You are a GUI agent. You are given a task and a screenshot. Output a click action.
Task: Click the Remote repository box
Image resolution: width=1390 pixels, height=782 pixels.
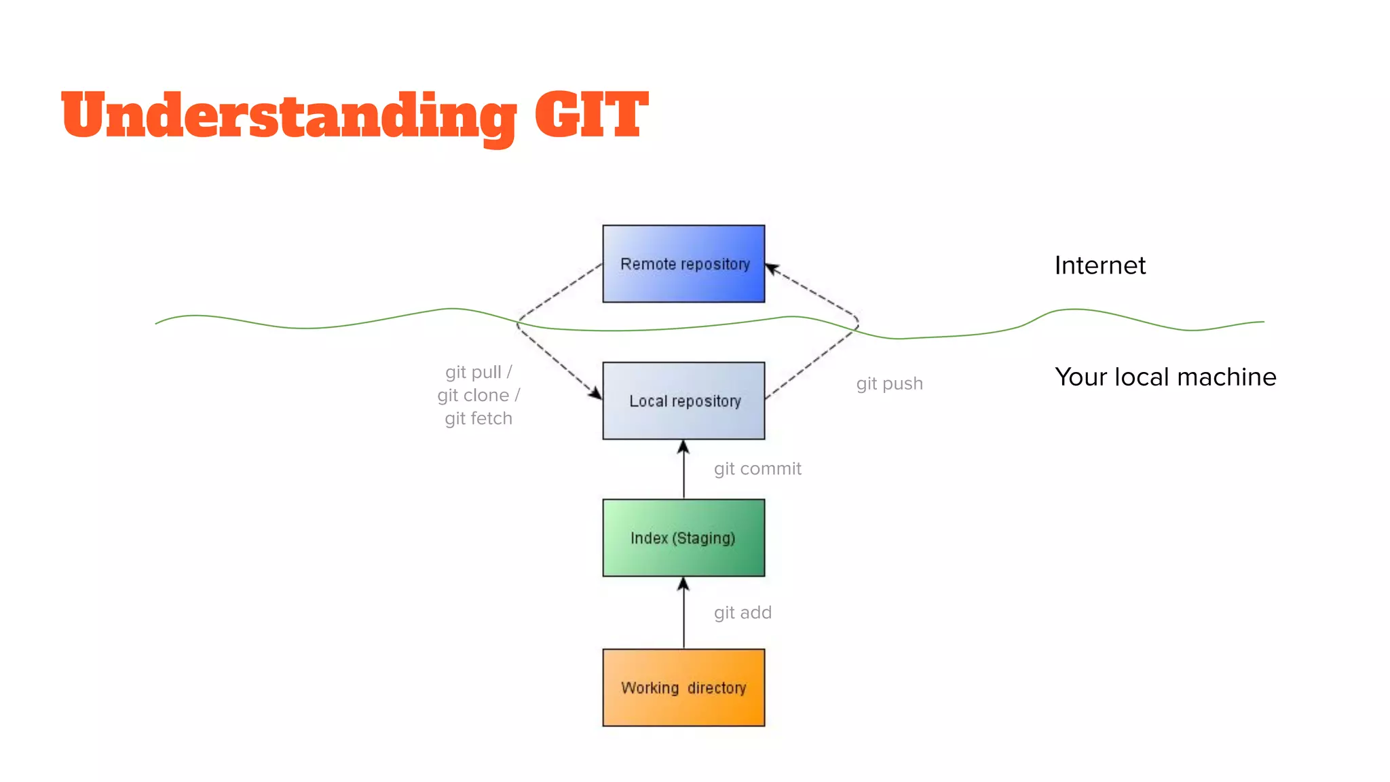(x=683, y=263)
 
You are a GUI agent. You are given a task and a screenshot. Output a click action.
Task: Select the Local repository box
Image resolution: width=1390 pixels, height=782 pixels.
(x=683, y=401)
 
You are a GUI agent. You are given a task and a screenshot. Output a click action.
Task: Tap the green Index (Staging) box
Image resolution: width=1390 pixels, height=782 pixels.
(x=683, y=538)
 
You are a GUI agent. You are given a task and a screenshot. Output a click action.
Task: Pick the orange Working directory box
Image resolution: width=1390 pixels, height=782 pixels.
(x=683, y=688)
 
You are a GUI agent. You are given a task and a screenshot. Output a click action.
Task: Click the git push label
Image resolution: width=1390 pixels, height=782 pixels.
(x=889, y=384)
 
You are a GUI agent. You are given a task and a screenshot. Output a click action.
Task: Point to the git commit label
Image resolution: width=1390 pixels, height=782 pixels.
(x=757, y=468)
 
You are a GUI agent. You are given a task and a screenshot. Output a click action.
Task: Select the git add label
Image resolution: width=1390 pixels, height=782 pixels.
(x=743, y=612)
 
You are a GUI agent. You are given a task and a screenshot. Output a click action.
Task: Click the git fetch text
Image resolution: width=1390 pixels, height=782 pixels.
(x=478, y=418)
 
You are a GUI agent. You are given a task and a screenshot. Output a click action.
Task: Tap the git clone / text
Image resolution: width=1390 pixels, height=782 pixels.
(x=478, y=395)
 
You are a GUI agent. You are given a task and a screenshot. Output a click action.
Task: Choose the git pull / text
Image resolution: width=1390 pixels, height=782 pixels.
(x=478, y=372)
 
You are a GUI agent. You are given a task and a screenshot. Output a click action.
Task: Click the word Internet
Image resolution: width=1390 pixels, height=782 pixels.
(x=1100, y=265)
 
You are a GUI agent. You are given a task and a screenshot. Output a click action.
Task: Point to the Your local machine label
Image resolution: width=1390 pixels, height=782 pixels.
(x=1165, y=377)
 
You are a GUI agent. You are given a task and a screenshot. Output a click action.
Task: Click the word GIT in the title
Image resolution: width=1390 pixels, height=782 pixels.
(x=591, y=115)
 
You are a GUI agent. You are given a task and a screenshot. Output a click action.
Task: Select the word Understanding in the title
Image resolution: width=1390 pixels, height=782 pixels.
(x=288, y=115)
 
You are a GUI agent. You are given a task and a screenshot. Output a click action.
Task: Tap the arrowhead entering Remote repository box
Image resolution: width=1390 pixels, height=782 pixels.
(x=772, y=269)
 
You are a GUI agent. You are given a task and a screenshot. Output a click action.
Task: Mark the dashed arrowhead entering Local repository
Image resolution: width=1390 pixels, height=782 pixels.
(x=595, y=393)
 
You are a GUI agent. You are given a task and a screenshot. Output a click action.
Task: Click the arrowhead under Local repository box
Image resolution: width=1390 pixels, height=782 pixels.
(x=683, y=447)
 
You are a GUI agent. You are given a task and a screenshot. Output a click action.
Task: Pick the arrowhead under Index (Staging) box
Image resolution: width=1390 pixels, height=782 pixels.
(x=683, y=584)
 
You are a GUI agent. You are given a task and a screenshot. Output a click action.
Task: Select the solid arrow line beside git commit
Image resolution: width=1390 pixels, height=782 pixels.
(x=683, y=475)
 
